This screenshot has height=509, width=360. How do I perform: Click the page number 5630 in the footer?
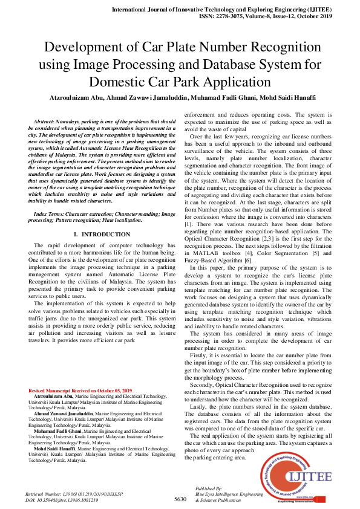pos(180,499)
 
